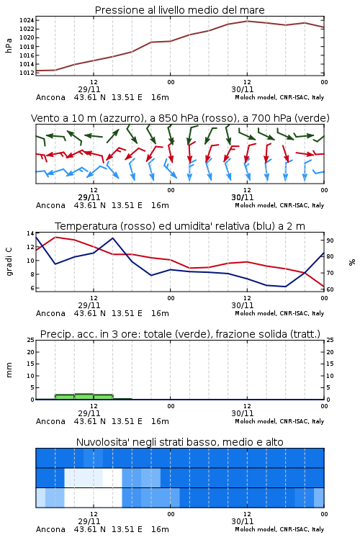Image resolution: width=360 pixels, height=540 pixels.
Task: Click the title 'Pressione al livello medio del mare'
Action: click(x=179, y=10)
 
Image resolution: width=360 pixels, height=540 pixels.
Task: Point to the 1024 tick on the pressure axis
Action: click(x=27, y=20)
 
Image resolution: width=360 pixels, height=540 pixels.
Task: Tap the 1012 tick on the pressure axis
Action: click(x=27, y=73)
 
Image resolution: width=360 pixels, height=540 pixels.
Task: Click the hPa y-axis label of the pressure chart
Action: click(x=9, y=45)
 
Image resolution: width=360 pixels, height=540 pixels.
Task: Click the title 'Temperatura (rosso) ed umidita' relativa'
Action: click(x=152, y=226)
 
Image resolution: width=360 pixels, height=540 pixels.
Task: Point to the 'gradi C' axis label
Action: click(x=9, y=262)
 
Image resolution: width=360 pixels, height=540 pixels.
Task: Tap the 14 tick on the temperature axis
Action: click(x=30, y=233)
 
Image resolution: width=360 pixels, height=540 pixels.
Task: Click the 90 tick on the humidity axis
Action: click(x=330, y=240)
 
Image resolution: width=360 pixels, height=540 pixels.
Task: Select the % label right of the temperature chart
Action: click(x=352, y=262)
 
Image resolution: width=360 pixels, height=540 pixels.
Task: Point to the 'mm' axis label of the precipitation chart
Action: click(x=9, y=370)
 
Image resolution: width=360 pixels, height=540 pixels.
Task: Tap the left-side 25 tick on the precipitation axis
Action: click(x=30, y=341)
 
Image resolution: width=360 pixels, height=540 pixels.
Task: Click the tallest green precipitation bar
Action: click(x=84, y=397)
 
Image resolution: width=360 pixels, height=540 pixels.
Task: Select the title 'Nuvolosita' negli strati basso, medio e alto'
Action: click(x=179, y=442)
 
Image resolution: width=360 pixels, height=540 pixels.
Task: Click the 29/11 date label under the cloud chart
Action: click(x=89, y=521)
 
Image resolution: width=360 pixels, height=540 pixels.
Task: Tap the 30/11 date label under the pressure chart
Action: click(x=243, y=89)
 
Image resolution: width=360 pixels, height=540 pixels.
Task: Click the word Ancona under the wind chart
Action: click(x=50, y=206)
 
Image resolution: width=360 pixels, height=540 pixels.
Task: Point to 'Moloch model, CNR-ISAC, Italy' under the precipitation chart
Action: click(x=279, y=421)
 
